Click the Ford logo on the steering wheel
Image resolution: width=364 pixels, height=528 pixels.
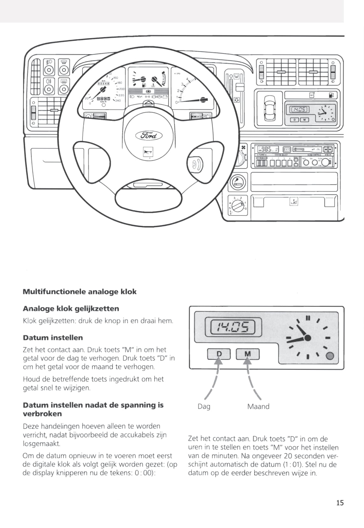[x=149, y=136]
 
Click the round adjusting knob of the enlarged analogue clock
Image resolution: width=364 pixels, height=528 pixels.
[x=330, y=356]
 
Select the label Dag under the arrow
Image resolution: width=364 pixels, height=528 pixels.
[x=204, y=406]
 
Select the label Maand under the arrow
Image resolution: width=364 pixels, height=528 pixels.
[x=258, y=406]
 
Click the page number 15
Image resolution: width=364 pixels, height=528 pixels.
[x=340, y=503]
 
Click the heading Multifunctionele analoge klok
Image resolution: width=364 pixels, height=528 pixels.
[x=80, y=292]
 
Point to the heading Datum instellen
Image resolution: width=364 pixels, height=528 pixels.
[x=53, y=338]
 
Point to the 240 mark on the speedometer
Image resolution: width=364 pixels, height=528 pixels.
[x=118, y=101]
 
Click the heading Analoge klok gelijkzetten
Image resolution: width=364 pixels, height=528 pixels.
[x=71, y=309]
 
